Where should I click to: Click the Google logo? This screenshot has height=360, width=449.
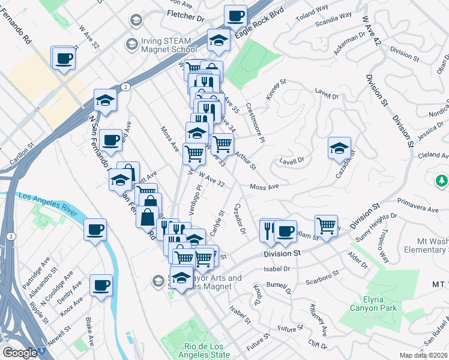(x=19, y=353)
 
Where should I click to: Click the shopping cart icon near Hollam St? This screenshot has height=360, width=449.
(x=326, y=226)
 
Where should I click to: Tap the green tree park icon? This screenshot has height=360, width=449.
(x=441, y=180)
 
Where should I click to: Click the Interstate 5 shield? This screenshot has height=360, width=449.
(x=40, y=350)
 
